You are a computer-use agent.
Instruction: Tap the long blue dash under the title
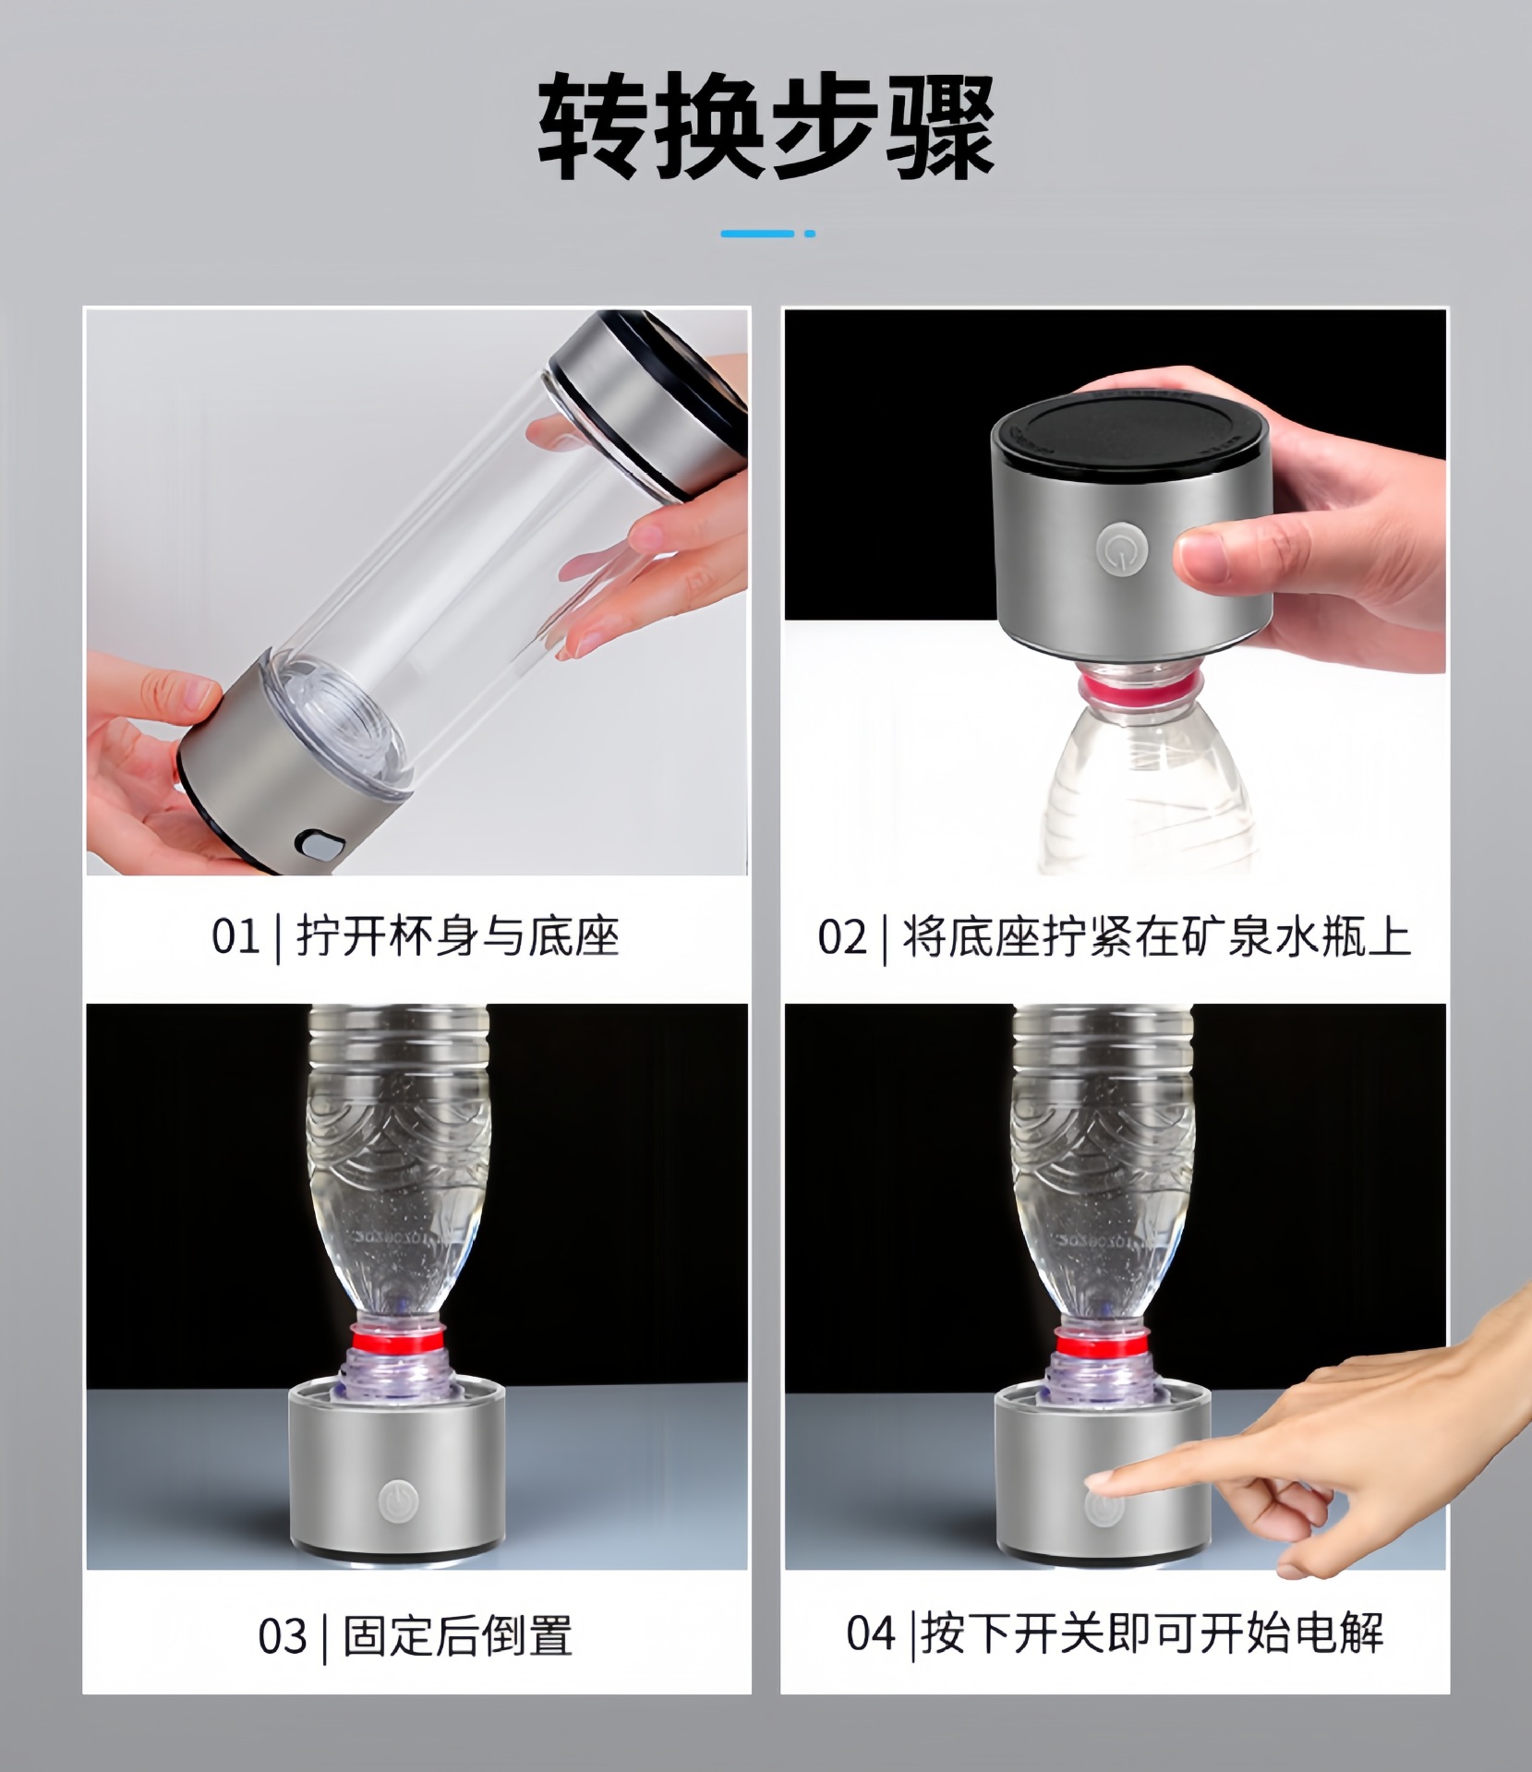point(756,234)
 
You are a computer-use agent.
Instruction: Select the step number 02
point(841,936)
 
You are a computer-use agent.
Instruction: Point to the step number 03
point(282,1635)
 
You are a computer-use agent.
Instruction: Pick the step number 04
point(871,1633)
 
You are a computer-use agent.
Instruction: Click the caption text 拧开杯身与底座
point(457,936)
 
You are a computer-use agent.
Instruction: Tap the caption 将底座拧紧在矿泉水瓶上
point(1156,936)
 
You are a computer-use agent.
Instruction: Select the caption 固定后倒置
point(457,1635)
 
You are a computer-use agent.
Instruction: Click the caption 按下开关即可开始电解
point(1152,1633)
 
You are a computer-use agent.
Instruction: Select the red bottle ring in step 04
point(1102,1341)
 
